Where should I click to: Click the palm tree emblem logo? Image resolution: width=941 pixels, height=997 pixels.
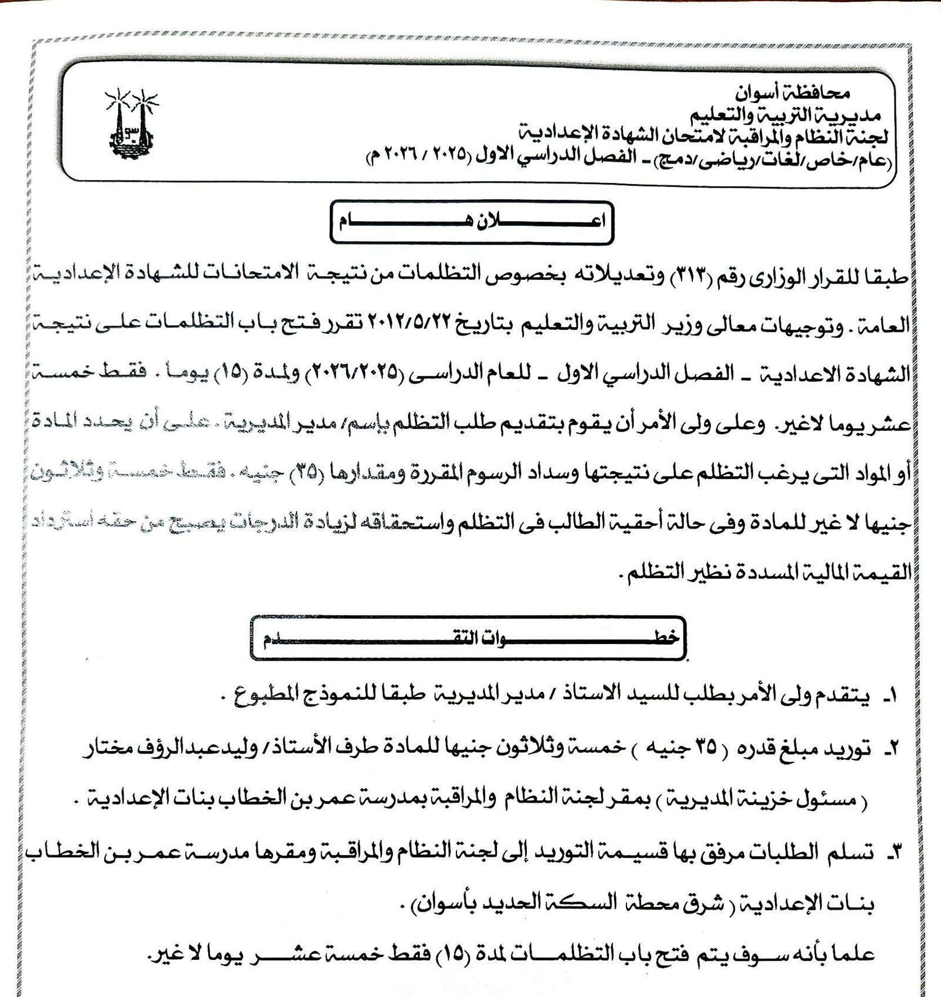click(x=131, y=124)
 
